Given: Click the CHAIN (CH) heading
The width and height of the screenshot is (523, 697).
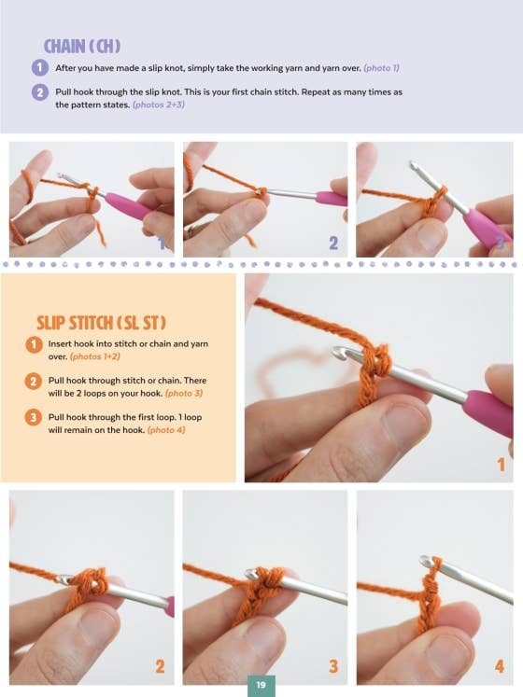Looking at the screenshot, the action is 82,47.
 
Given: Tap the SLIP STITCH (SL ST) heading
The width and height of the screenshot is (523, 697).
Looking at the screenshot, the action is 101,323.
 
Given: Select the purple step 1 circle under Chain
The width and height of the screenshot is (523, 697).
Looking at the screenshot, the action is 39,68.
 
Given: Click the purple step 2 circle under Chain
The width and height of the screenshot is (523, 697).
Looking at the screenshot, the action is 39,92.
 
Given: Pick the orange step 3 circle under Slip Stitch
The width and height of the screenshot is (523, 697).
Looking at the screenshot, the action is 34,417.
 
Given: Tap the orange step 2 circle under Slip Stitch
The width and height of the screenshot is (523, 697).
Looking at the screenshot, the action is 34,381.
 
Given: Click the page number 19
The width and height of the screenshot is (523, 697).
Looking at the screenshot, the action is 261,685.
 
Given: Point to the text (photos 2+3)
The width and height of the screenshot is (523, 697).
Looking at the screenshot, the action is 159,105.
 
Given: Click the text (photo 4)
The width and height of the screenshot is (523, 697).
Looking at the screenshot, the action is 166,430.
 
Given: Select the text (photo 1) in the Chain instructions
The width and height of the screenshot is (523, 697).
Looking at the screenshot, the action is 381,68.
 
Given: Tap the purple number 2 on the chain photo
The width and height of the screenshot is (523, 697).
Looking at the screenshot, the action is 333,244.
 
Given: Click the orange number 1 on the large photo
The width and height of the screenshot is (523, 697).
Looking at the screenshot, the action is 502,465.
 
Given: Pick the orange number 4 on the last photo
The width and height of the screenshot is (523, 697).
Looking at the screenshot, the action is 500,666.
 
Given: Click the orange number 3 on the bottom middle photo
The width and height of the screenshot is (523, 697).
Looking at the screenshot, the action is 333,666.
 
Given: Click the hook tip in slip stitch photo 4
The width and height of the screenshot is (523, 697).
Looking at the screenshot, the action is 426,561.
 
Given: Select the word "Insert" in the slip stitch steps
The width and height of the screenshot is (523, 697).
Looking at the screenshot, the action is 60,343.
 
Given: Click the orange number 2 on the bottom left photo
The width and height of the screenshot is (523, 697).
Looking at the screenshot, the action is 160,666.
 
